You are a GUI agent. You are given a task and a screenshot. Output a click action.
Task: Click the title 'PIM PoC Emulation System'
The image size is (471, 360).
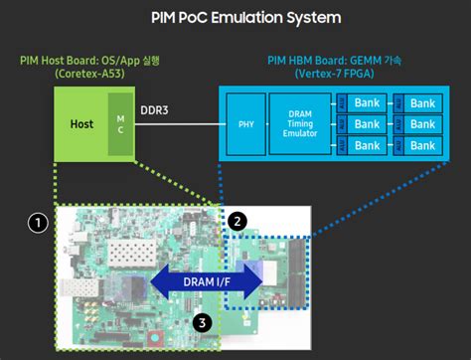[235, 18]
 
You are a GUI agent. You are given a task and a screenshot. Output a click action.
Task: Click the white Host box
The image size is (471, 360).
[80, 124]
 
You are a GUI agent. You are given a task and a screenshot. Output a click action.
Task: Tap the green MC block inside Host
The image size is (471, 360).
[120, 124]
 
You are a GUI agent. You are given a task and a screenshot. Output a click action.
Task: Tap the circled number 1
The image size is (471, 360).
[37, 223]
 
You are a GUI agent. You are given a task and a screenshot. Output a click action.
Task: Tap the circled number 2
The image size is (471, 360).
[237, 219]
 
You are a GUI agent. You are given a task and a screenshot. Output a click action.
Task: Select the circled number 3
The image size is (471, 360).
[200, 321]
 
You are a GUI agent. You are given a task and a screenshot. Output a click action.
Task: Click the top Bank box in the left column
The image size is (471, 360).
[368, 102]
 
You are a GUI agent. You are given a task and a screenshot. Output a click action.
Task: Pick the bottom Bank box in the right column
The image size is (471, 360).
[423, 146]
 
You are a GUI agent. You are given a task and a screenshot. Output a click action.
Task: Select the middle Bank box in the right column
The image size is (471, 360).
[423, 124]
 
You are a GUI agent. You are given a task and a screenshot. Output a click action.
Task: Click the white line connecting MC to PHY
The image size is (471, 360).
[179, 125]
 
